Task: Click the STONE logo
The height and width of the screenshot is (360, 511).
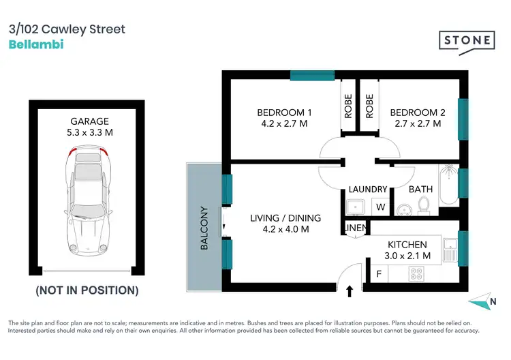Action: point(466,40)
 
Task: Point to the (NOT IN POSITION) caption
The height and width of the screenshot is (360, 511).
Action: point(87,290)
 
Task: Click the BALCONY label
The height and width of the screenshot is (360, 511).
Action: point(203,228)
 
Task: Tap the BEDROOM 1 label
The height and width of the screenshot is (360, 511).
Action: point(284,112)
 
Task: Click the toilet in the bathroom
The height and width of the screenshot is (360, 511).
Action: point(422,205)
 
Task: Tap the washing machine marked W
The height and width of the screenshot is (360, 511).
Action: point(380,207)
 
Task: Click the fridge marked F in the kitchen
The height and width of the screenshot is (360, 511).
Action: point(379,274)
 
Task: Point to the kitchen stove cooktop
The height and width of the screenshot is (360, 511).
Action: point(416,274)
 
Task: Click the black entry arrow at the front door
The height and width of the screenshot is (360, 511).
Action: point(350,291)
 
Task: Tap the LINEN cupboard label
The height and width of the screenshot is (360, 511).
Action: point(356,228)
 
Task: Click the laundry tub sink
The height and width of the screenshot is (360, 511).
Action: point(356,207)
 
